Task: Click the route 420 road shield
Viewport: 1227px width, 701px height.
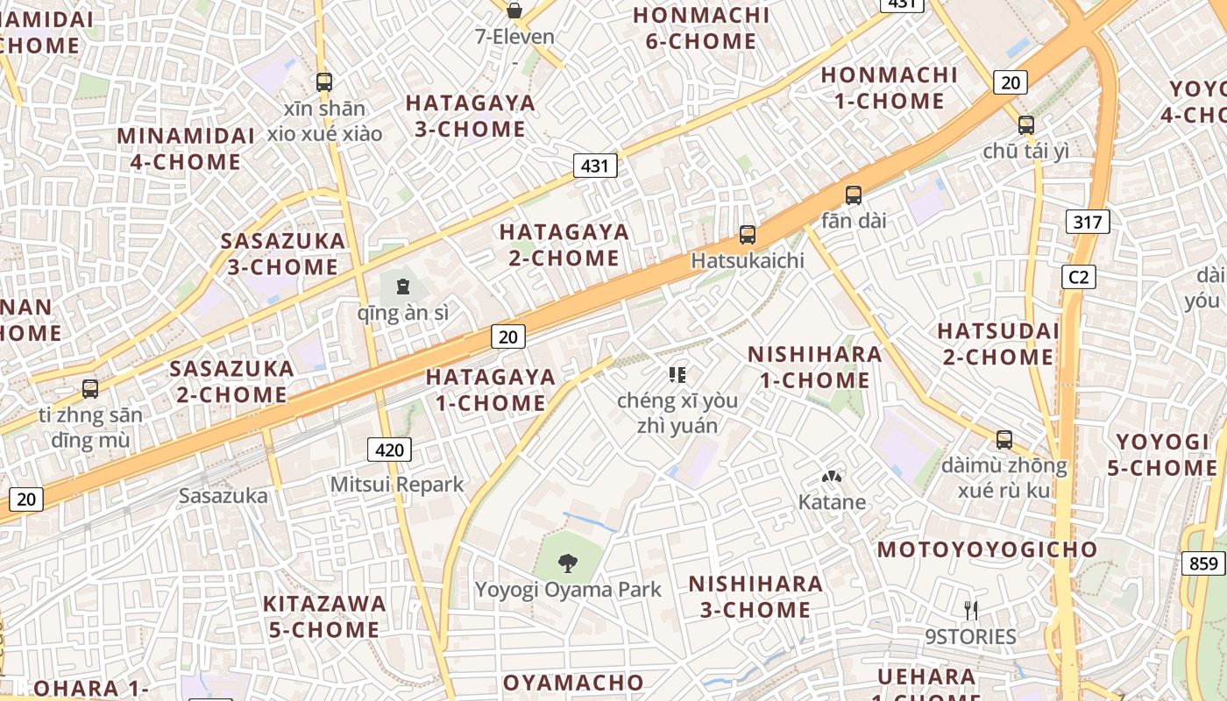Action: click(389, 450)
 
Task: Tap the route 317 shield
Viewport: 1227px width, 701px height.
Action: click(1088, 222)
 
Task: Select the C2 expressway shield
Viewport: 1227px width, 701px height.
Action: click(1078, 277)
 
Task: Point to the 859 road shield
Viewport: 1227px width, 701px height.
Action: click(1202, 563)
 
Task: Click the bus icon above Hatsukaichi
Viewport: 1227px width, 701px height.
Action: click(748, 235)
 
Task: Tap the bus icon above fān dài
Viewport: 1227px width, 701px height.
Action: click(854, 195)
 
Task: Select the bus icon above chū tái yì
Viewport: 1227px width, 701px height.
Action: click(1026, 125)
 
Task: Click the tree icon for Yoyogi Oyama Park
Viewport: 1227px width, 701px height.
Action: click(568, 563)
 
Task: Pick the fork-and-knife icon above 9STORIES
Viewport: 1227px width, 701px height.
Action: click(971, 611)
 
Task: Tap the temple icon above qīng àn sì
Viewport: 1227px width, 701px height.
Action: click(402, 287)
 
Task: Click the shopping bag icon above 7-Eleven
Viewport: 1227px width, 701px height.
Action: click(514, 11)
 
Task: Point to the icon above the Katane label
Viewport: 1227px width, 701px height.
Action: click(831, 478)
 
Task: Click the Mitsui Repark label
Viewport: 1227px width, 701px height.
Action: click(397, 485)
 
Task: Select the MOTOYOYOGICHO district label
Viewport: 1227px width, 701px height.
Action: click(987, 549)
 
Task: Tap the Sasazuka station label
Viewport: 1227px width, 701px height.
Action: click(223, 495)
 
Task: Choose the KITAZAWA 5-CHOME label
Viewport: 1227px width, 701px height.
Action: click(324, 616)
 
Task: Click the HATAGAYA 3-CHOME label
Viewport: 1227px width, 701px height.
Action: click(470, 116)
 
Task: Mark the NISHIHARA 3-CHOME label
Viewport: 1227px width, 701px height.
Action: click(755, 596)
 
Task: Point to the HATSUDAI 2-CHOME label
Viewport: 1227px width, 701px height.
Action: click(998, 344)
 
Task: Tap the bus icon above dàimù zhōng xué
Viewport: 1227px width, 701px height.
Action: click(1004, 440)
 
